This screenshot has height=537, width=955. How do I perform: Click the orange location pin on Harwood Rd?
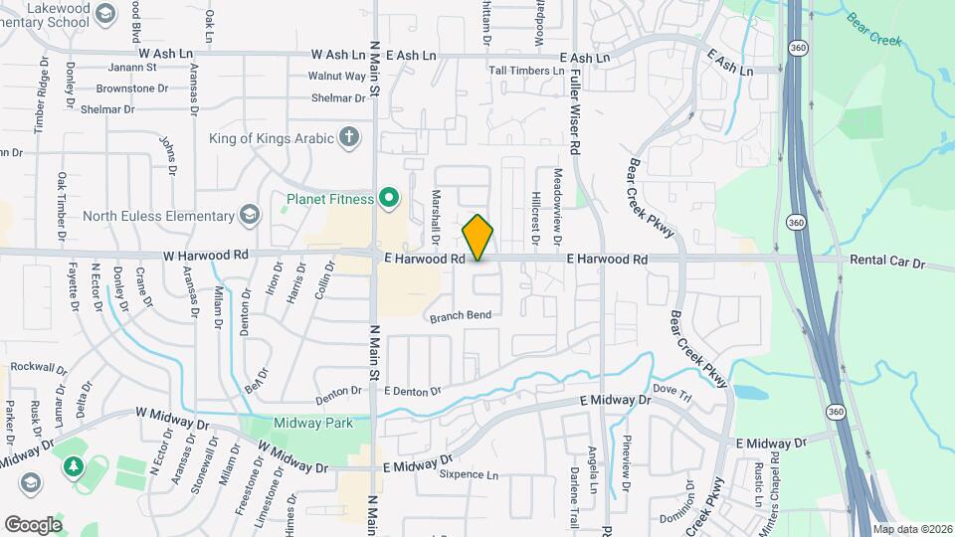point(478,238)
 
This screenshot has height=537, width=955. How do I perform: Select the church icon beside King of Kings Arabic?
point(348,137)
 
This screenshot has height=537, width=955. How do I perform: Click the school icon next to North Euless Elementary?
point(249,216)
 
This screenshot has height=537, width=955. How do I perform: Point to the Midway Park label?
point(313,424)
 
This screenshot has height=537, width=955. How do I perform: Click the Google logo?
point(33,524)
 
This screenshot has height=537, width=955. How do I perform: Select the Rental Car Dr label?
point(887,263)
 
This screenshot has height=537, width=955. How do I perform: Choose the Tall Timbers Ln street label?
point(527,71)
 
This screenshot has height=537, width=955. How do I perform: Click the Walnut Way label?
point(336,76)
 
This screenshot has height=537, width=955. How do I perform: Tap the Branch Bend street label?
point(461,315)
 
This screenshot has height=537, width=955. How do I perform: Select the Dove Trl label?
point(671,395)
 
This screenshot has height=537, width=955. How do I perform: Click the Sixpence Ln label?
point(469,475)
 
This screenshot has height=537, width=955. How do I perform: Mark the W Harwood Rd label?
point(206,256)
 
